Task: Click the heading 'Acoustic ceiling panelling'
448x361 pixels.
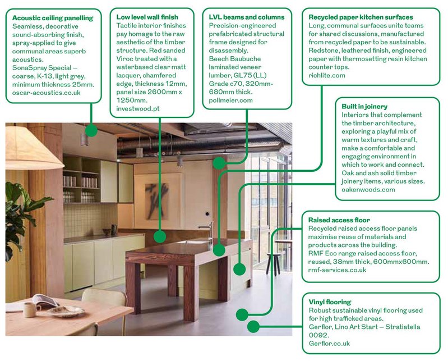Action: tap(53, 18)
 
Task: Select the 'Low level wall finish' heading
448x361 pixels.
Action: tap(147, 17)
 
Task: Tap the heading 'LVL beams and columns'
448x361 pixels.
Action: tap(247, 17)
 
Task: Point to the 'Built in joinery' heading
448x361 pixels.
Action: tap(364, 107)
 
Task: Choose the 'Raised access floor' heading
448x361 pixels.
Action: tap(339, 220)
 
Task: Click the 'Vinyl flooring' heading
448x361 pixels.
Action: tap(330, 302)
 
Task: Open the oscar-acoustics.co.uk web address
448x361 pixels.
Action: tap(47, 93)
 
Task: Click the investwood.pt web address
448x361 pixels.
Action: tap(138, 109)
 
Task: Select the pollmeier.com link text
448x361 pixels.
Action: tap(230, 100)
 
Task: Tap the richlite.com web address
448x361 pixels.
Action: tap(327, 76)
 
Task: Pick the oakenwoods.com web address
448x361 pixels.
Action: tap(368, 190)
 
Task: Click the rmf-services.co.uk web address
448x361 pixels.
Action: tap(337, 270)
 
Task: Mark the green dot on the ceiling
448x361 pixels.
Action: tap(91, 130)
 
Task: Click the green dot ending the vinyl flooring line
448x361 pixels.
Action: tap(253, 326)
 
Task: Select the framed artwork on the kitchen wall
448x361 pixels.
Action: tap(158, 198)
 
